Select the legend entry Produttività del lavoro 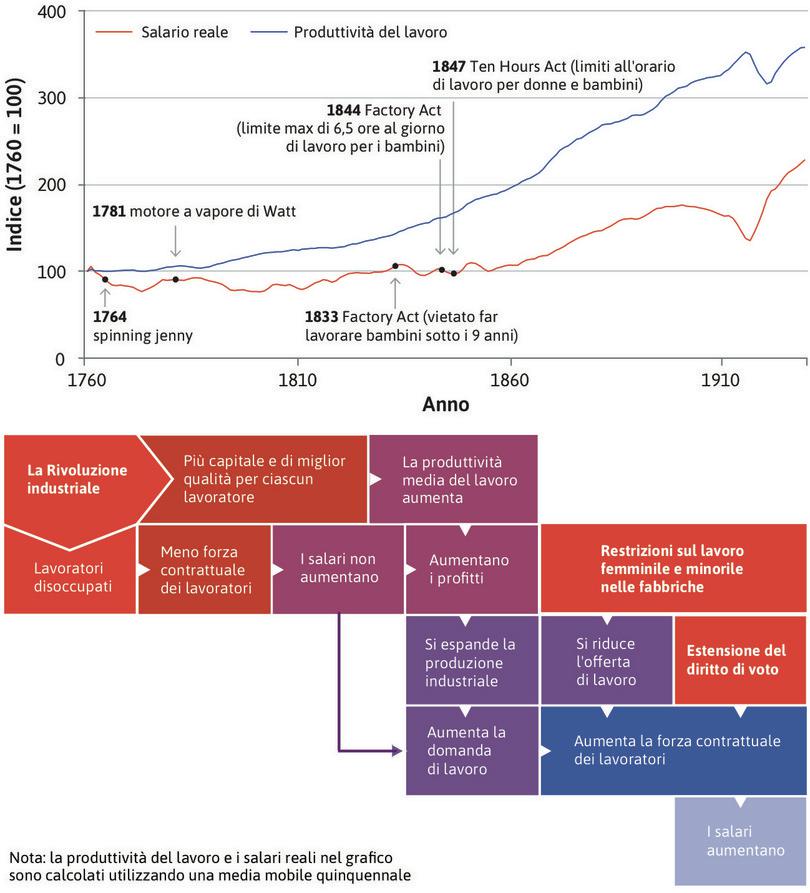370,32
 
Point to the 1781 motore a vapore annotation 194,212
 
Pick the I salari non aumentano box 338,568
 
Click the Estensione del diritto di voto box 740,659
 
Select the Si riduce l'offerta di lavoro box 606,661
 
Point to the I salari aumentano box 740,840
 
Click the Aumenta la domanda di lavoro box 471,750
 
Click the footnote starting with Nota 210,866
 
